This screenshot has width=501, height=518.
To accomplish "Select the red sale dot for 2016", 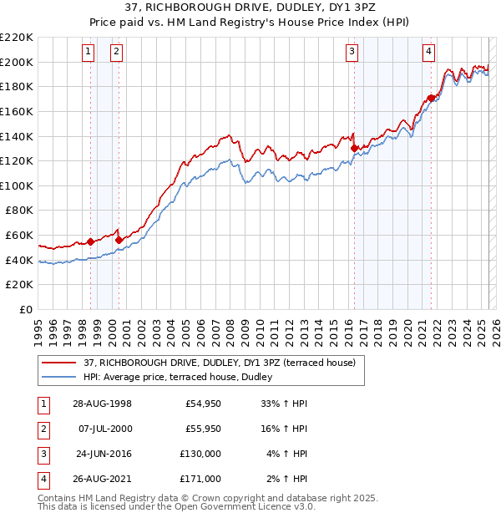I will (354, 148).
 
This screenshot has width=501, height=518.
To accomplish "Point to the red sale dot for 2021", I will (431, 98).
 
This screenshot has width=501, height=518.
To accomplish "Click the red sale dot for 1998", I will (91, 241).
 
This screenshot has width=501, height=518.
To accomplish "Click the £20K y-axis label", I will (21, 285).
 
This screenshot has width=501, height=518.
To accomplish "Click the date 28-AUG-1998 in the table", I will (103, 404).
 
